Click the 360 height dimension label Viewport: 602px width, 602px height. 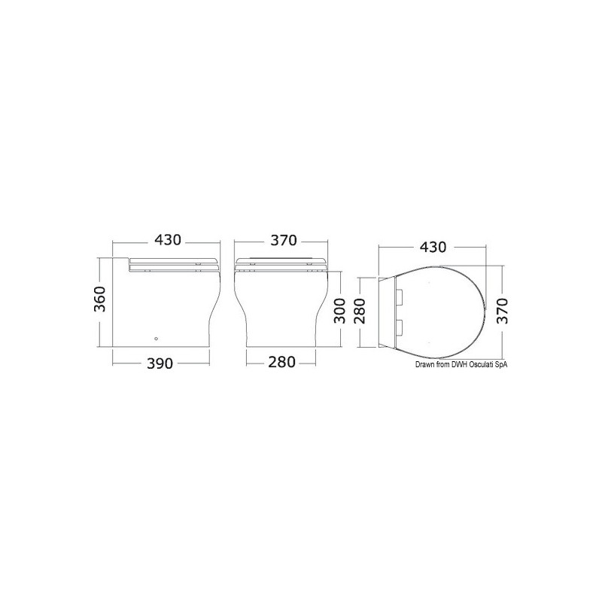[100, 299]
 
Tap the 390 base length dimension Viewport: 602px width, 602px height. [160, 363]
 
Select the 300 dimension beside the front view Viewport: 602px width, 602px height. [340, 311]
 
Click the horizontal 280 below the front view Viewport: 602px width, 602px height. [281, 362]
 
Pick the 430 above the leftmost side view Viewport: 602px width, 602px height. [167, 240]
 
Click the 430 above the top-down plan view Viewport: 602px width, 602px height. [433, 247]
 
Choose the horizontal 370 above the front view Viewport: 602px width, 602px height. [284, 240]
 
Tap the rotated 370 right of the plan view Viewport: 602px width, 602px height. [503, 311]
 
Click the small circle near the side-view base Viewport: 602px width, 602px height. [156, 339]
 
